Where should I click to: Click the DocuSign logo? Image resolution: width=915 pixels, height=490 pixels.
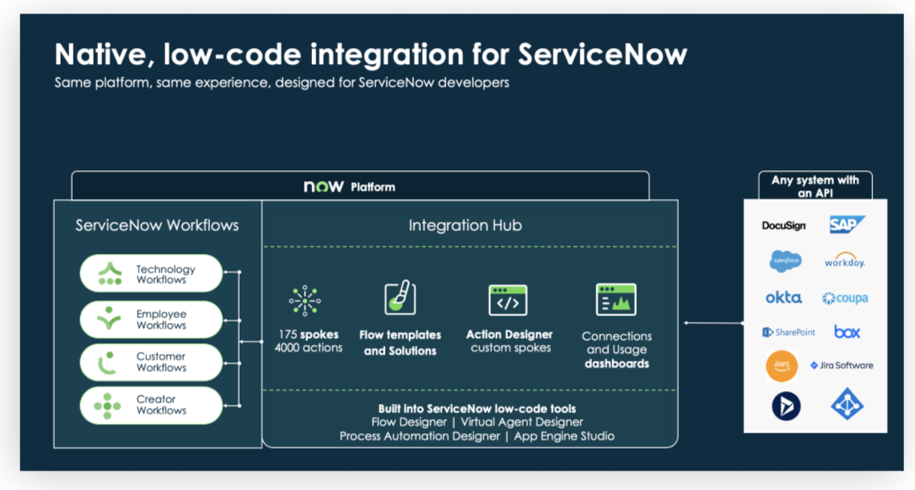pos(783,225)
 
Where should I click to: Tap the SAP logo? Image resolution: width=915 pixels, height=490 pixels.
pos(847,224)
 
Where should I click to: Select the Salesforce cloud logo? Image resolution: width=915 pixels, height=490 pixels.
pos(785,261)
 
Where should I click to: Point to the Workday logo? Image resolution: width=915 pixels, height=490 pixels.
pos(845,260)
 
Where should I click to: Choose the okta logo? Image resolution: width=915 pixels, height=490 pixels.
pos(783,298)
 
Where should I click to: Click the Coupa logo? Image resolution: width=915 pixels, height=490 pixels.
pos(845,298)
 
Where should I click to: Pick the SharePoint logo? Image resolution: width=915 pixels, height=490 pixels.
pos(789,332)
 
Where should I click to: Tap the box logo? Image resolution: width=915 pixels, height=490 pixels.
pos(847,332)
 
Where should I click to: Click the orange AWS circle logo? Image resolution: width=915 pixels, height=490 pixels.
pos(782,366)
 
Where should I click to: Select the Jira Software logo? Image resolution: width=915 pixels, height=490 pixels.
pos(842,365)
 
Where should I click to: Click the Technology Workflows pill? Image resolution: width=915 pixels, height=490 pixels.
pos(151,273)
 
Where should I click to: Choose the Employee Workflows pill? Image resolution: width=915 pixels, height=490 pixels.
pos(151,319)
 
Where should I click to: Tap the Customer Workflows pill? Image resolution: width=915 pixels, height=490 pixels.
pos(151,362)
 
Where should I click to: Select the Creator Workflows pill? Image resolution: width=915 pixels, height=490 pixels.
pos(151,405)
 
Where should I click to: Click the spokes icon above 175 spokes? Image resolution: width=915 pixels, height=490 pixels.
pos(304,300)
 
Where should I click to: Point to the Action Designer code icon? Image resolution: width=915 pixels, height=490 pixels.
pos(508,300)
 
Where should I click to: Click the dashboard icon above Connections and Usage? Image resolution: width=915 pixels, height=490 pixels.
pos(616,299)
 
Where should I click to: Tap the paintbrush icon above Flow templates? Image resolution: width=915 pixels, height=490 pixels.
pos(401,298)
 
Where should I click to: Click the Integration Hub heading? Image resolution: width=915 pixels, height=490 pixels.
pos(465,225)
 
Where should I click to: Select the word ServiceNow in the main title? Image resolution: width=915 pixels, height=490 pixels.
pos(603,54)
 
